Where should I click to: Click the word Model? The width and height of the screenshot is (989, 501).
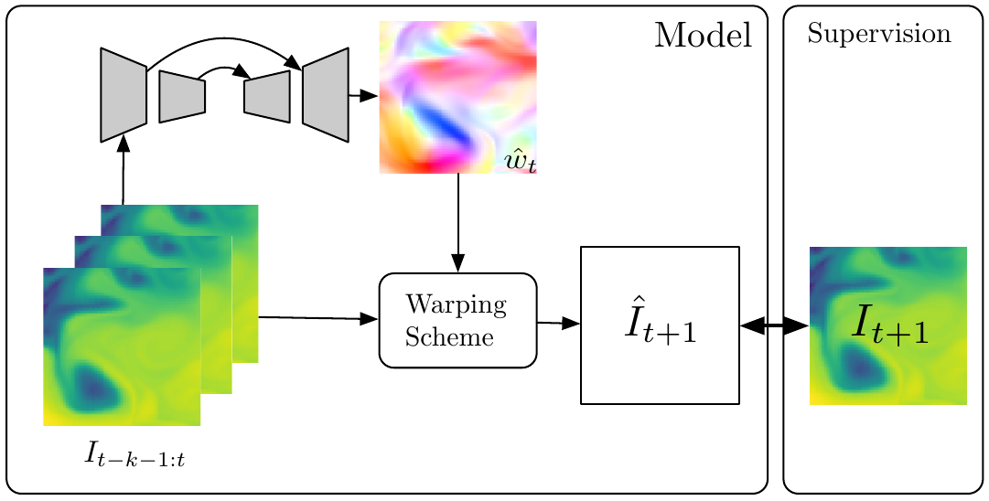coord(703,36)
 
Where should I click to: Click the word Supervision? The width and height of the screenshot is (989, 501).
coord(878,35)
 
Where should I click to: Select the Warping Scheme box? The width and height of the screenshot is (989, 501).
coord(457,320)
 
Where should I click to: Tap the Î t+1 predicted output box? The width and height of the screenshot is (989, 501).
coord(660,325)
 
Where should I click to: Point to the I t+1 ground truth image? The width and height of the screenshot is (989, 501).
coord(888,325)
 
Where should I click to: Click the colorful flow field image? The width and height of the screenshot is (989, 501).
coord(457,96)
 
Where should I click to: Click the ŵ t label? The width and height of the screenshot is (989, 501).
coord(520,163)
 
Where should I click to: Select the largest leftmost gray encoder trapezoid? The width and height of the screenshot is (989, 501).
coord(124,94)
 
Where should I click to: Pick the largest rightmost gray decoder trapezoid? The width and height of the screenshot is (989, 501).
coord(326,94)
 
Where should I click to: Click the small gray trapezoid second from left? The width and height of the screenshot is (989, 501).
coord(182,96)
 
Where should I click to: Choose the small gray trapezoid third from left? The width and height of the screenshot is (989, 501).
coord(267,95)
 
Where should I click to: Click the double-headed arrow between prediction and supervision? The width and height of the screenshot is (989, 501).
coord(774,325)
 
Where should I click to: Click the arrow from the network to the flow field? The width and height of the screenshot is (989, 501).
coord(363,95)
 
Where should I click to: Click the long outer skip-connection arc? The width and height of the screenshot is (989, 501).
coord(224,42)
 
